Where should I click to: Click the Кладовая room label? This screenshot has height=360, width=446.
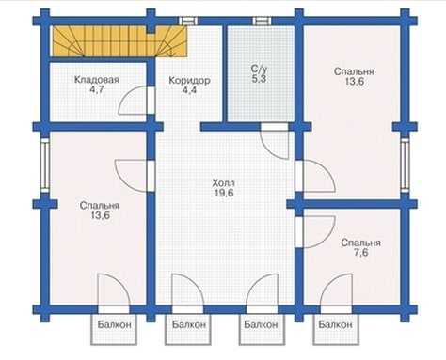pyautogui.click(x=97, y=80)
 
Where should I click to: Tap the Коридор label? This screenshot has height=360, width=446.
pyautogui.click(x=189, y=81)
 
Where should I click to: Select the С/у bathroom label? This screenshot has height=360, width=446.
pyautogui.click(x=259, y=69)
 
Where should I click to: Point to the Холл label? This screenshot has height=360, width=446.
pyautogui.click(x=223, y=182)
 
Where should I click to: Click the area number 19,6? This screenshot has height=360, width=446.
pyautogui.click(x=224, y=193)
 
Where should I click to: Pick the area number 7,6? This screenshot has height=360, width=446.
pyautogui.click(x=361, y=252)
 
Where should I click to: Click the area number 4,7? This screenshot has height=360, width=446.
pyautogui.click(x=97, y=89)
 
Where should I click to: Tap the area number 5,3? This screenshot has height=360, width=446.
pyautogui.click(x=259, y=79)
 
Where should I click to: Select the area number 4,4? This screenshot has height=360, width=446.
pyautogui.click(x=189, y=90)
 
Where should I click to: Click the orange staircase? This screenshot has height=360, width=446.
pyautogui.click(x=119, y=41)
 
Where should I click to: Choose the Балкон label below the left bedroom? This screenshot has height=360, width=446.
pyautogui.click(x=114, y=324)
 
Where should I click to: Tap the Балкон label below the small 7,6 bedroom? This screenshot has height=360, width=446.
pyautogui.click(x=335, y=324)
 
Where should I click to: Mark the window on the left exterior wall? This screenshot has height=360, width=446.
pyautogui.click(x=45, y=165)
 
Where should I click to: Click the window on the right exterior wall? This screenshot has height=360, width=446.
pyautogui.click(x=405, y=165)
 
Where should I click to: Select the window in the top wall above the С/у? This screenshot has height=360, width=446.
pyautogui.click(x=262, y=21)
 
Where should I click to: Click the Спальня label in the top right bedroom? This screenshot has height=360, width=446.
pyautogui.click(x=354, y=71)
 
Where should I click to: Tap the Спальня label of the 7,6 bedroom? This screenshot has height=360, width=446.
pyautogui.click(x=361, y=243)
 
